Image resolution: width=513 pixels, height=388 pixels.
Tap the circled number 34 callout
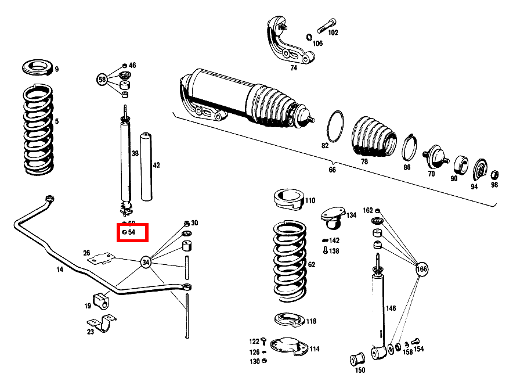coord(146,263)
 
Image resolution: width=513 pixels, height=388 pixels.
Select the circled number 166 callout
coord(422,269)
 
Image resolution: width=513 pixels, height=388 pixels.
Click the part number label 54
coord(132,232)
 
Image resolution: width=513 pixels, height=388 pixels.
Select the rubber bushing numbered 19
coord(100,301)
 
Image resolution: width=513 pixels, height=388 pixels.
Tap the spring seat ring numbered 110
coord(288,200)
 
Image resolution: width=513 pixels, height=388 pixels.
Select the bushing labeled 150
coord(358,356)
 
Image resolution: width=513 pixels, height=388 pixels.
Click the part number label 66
coord(332,170)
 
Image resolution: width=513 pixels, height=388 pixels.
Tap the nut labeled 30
coord(186,224)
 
